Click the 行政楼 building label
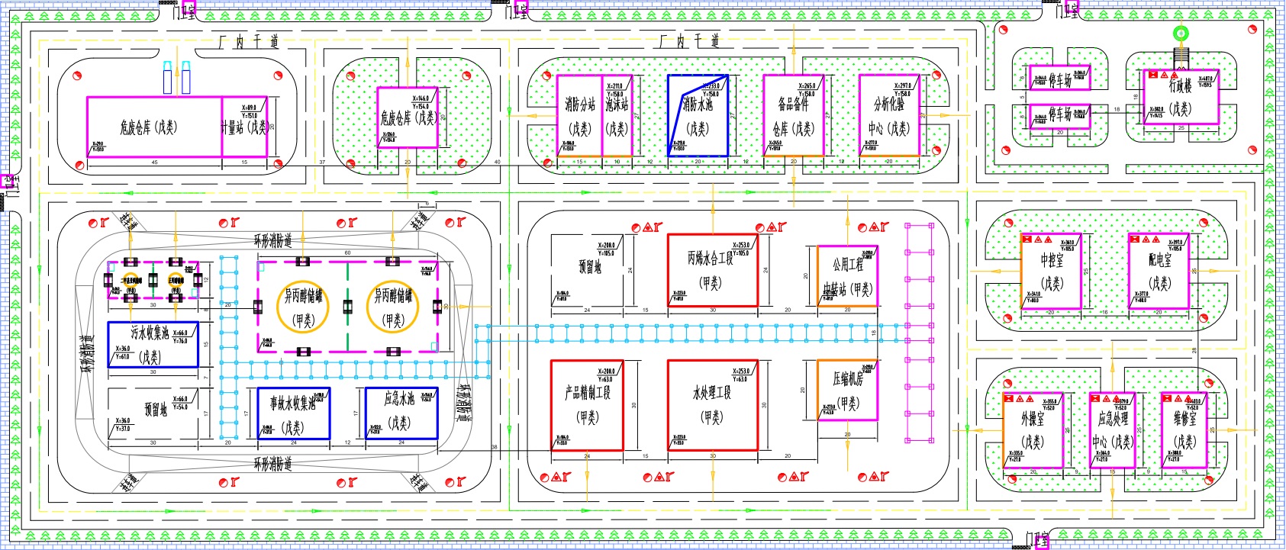(x=1180, y=86)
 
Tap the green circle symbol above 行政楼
(x=1180, y=33)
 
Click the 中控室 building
(x=1051, y=272)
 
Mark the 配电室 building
(x=1159, y=272)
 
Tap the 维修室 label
(x=1184, y=418)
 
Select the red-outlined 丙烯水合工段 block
(x=712, y=271)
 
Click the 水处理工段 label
(x=711, y=393)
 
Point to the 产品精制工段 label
(x=587, y=393)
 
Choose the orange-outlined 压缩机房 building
(x=847, y=390)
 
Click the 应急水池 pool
(x=400, y=413)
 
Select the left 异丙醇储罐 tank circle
(x=304, y=307)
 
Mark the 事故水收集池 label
(x=291, y=403)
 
